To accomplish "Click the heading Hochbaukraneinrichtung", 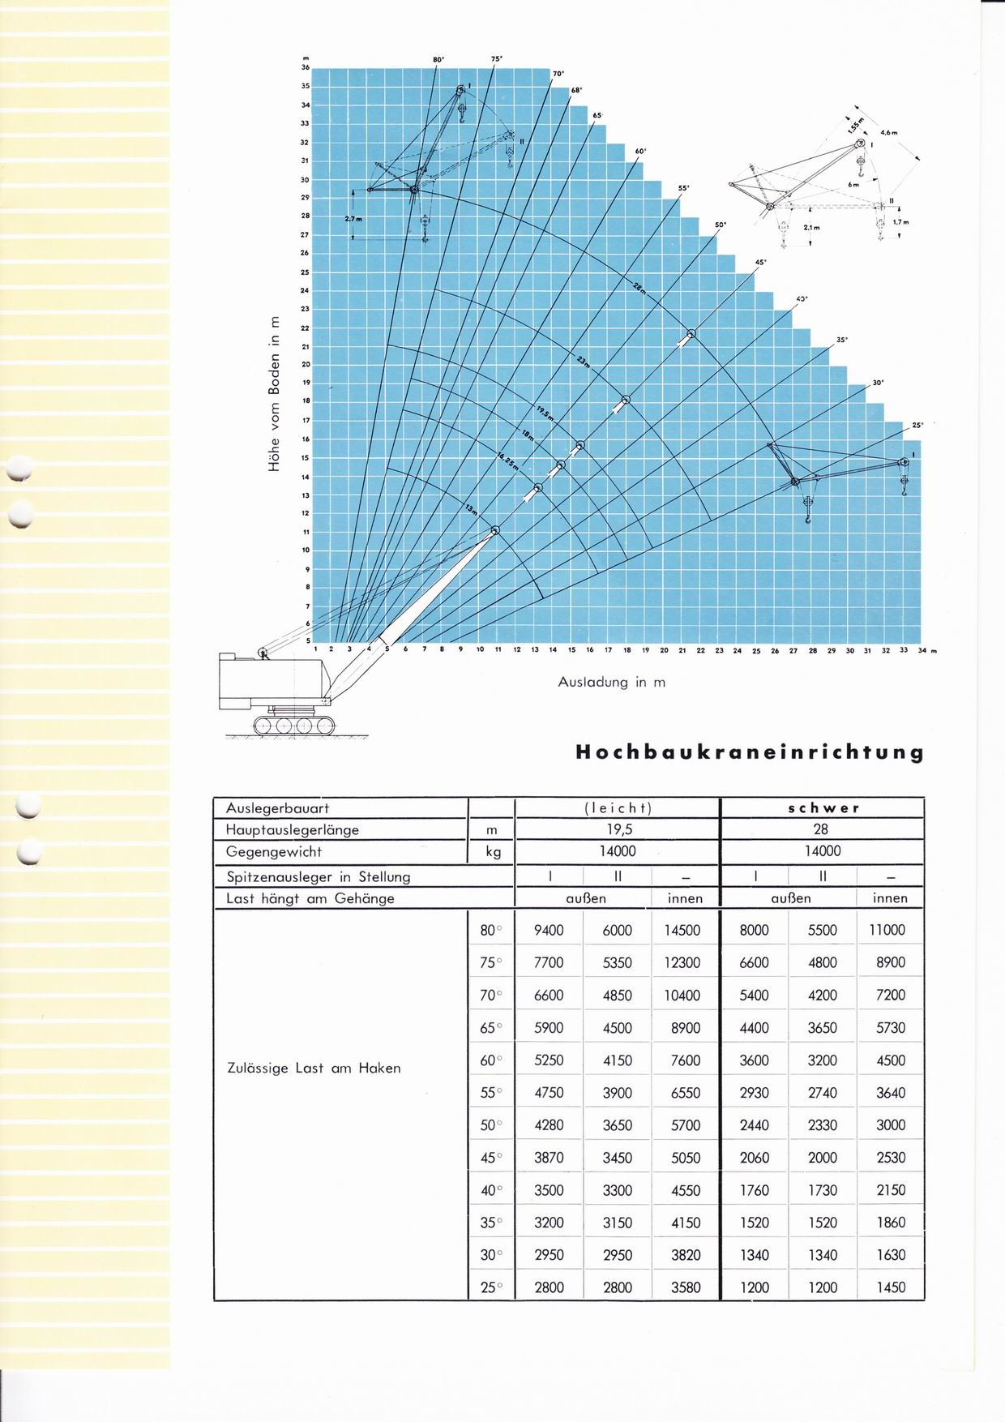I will pos(749,752).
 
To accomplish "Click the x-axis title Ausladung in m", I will pos(611,682).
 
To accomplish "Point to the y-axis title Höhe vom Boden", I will pos(274,394).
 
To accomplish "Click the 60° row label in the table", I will pos(491,1060).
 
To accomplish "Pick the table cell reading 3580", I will pos(685,1287).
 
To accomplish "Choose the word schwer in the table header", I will pos(822,808).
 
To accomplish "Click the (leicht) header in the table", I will pos(618,808).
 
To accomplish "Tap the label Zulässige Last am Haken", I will pos(314,1069).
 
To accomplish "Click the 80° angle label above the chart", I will pos(438,60).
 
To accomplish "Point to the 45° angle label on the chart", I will pos(760,262).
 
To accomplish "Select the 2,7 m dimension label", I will pos(353,219).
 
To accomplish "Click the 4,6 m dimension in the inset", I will pos(888,132).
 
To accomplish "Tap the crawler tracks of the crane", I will pos(293,724).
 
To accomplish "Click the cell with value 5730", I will pos(890,1028).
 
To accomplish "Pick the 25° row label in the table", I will pos(491,1287).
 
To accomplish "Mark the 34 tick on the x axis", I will pos(922,650).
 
